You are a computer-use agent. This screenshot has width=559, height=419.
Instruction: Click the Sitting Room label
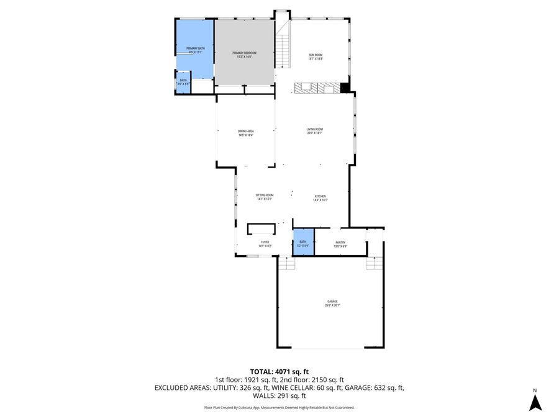tap(265, 197)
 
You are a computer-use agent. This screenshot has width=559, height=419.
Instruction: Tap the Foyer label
tap(265, 244)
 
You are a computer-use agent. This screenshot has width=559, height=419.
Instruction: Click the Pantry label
tap(340, 244)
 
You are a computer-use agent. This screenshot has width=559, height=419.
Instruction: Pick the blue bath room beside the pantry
tap(303, 243)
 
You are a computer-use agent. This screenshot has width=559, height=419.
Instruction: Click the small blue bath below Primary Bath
tap(183, 83)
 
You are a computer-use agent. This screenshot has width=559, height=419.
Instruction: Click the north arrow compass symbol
tap(535, 403)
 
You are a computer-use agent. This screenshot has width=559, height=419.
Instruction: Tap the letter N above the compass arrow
tap(535, 390)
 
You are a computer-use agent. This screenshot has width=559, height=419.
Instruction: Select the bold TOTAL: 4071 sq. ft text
tap(279, 371)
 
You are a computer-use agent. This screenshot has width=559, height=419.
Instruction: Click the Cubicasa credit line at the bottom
tap(279, 408)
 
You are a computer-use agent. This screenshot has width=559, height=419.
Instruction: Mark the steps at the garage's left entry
tap(286, 264)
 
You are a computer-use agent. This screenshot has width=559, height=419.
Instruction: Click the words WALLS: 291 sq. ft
tap(279, 395)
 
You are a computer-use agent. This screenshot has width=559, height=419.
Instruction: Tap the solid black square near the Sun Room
tap(345, 88)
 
